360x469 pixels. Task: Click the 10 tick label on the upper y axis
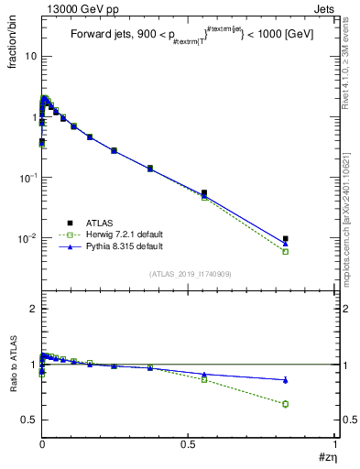point(29,56)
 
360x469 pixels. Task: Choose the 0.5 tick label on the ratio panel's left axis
point(29,420)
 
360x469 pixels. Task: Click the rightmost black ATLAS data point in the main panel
point(286,239)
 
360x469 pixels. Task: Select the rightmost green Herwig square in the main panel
point(286,251)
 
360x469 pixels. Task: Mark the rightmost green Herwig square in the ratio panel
point(286,404)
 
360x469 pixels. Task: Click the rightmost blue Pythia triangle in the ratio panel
point(286,379)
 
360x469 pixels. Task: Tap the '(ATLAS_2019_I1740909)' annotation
point(189,274)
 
